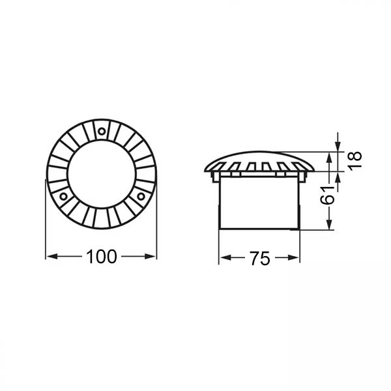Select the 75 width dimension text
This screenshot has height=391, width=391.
coord(259,259)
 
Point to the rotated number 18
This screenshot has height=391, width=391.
coord(355,160)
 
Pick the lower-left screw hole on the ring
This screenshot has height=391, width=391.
coord(63,195)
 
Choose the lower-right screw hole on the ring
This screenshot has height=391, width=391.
coord(140,195)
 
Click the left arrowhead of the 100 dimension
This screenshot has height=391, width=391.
coord(50,257)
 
